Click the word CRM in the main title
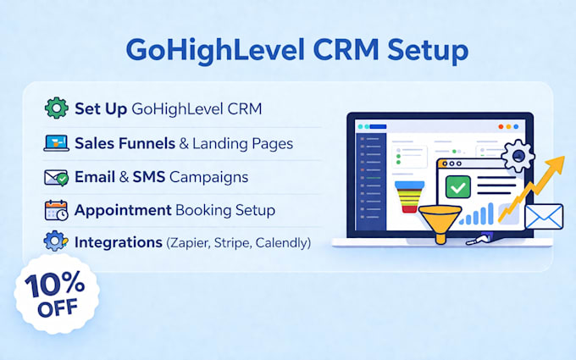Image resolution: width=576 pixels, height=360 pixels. point(346,49)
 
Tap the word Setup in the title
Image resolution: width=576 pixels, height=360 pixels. point(428,52)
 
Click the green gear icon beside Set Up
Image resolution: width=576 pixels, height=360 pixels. point(56,108)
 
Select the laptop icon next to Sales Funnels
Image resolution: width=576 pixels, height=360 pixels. point(56,143)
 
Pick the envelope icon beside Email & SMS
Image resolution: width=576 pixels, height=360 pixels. point(56,177)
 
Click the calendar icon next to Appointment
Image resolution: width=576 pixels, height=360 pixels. point(56,210)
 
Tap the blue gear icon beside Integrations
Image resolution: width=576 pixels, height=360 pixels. point(56,241)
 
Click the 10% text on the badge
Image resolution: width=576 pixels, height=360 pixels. point(55,285)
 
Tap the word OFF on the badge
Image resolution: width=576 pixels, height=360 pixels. point(58,307)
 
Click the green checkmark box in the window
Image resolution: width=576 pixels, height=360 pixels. point(458,187)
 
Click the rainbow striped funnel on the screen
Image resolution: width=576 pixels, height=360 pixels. point(410,197)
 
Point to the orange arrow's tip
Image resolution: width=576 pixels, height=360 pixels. point(563,157)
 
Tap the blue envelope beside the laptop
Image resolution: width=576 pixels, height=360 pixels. point(544,216)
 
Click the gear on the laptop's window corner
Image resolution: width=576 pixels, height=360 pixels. point(518,155)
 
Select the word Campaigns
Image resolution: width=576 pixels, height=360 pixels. point(208,178)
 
